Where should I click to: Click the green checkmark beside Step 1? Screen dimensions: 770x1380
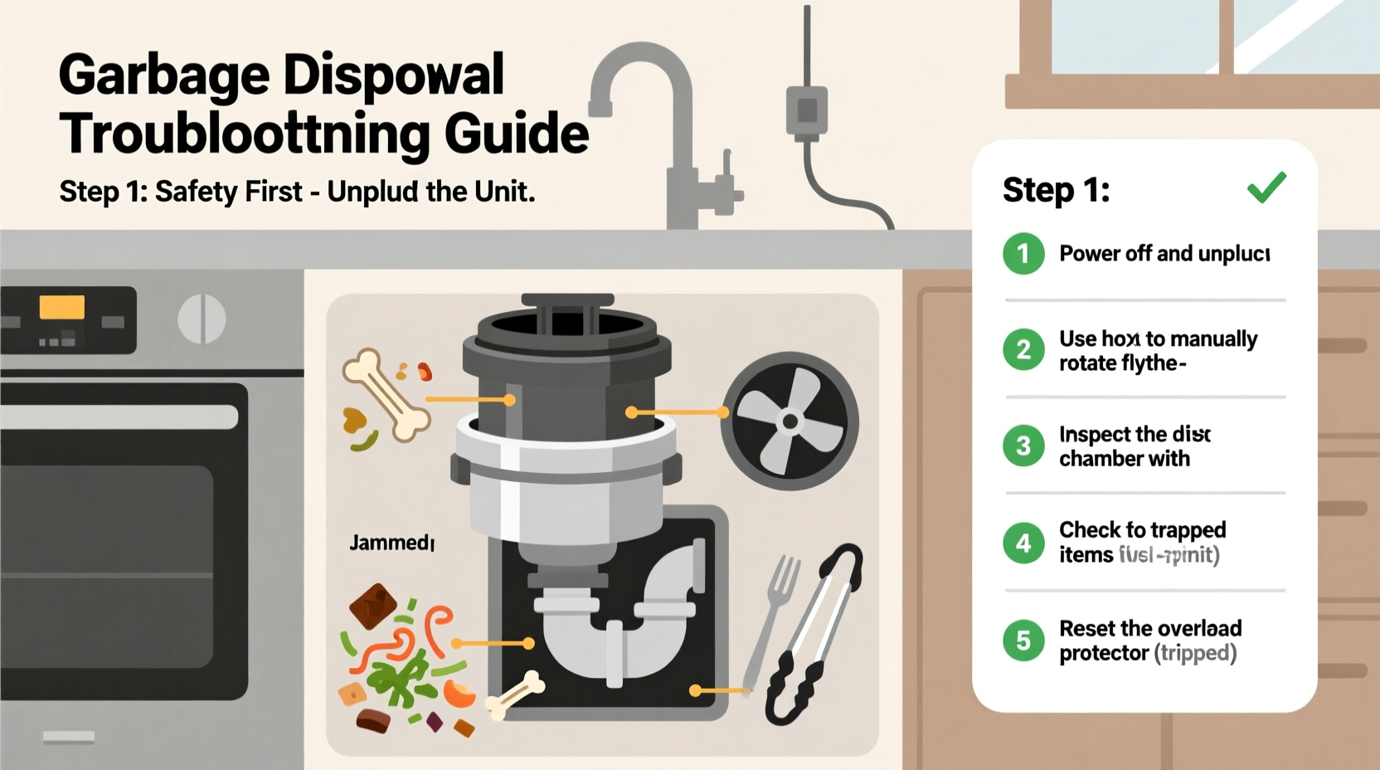tap(1266, 188)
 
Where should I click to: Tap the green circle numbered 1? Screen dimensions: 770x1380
tap(1023, 254)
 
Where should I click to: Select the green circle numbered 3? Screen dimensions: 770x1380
tap(1023, 446)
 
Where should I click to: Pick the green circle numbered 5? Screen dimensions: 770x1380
tap(1023, 641)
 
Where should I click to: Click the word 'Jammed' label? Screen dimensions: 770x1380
tap(391, 543)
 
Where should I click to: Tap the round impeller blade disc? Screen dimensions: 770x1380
tap(789, 422)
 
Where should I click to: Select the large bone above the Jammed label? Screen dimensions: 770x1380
tap(386, 394)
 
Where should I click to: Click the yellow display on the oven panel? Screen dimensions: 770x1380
tap(62, 308)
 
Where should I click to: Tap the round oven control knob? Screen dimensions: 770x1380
tap(202, 319)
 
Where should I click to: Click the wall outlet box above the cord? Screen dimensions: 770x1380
tap(806, 110)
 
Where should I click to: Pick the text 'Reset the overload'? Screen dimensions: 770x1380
tap(1150, 628)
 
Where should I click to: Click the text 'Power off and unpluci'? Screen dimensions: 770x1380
tap(1164, 253)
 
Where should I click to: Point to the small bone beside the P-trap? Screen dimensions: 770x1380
tap(514, 694)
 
